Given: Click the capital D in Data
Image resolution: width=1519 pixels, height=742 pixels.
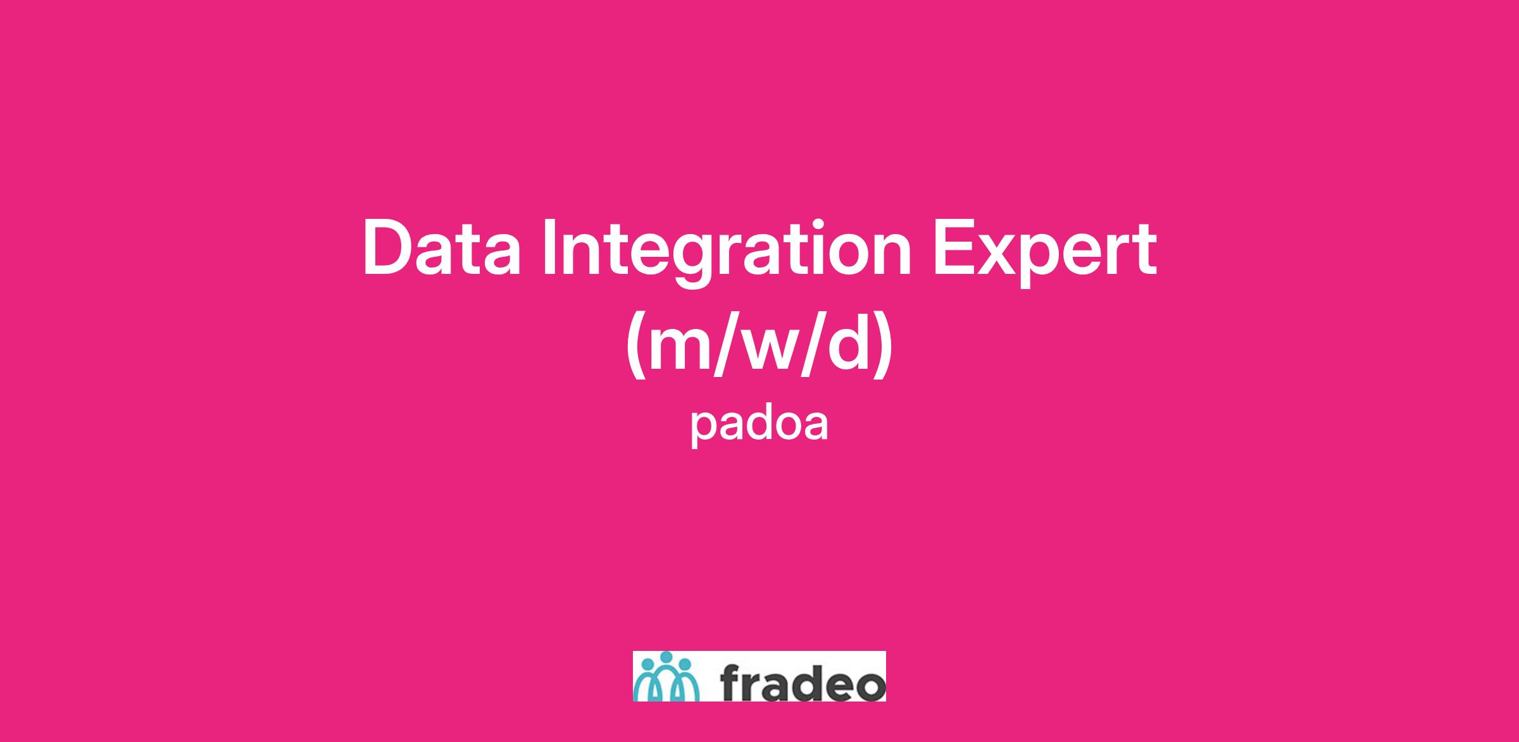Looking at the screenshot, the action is (x=387, y=248).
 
